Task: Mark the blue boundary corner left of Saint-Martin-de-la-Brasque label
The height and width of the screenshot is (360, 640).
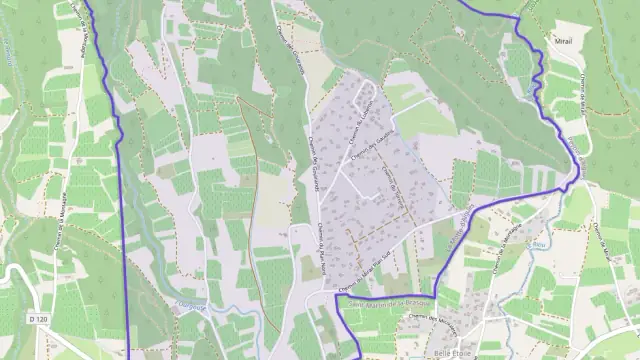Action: pyautogui.click(x=336, y=295)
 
